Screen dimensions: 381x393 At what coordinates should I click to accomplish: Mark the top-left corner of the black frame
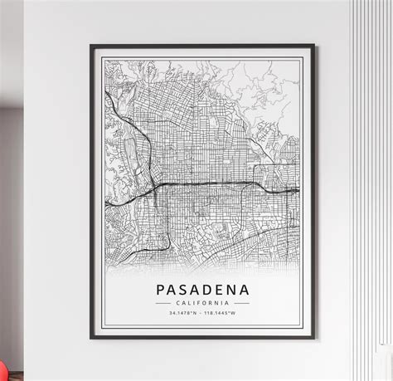point(91,46)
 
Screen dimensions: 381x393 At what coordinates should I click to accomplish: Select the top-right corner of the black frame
point(314,46)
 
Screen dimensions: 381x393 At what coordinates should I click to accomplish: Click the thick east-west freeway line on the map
point(207,183)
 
